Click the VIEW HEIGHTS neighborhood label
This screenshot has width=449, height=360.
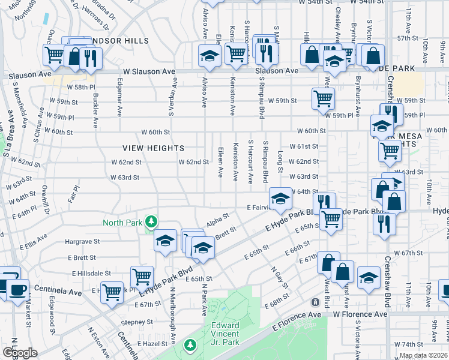(153, 148)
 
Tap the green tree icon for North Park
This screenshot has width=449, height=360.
(152, 222)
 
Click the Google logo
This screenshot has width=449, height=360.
(20, 352)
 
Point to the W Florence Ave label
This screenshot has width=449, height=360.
(360, 314)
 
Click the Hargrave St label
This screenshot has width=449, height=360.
(82, 241)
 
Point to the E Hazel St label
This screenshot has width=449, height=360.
(155, 343)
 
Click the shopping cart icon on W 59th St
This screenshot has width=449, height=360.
(323, 98)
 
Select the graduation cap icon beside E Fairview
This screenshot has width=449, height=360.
(280, 199)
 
